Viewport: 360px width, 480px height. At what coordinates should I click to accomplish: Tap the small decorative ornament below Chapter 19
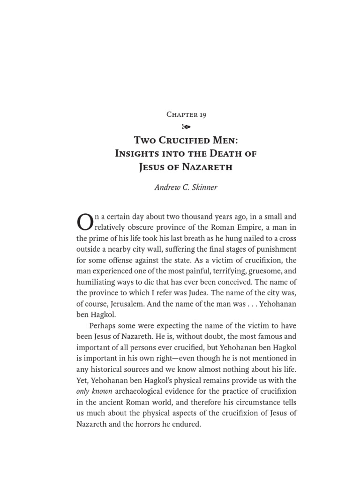[186, 127]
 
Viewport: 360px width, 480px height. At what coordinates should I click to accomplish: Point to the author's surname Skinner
[204, 187]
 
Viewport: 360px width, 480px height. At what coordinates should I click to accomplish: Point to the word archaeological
[139, 391]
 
